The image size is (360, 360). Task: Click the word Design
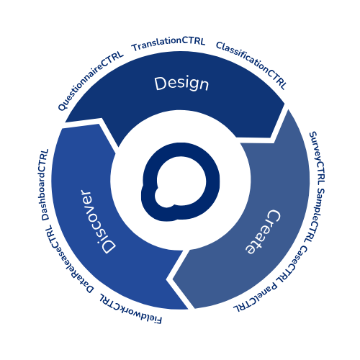click(181, 84)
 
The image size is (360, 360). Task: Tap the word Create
click(264, 232)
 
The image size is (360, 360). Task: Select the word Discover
click(97, 222)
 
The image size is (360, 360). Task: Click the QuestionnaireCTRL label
click(91, 81)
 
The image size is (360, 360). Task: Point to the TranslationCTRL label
click(168, 44)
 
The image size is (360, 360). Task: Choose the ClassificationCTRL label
click(251, 65)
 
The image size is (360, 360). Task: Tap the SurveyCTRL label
click(318, 158)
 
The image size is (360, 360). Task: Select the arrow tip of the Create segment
click(173, 279)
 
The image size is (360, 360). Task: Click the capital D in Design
click(161, 84)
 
